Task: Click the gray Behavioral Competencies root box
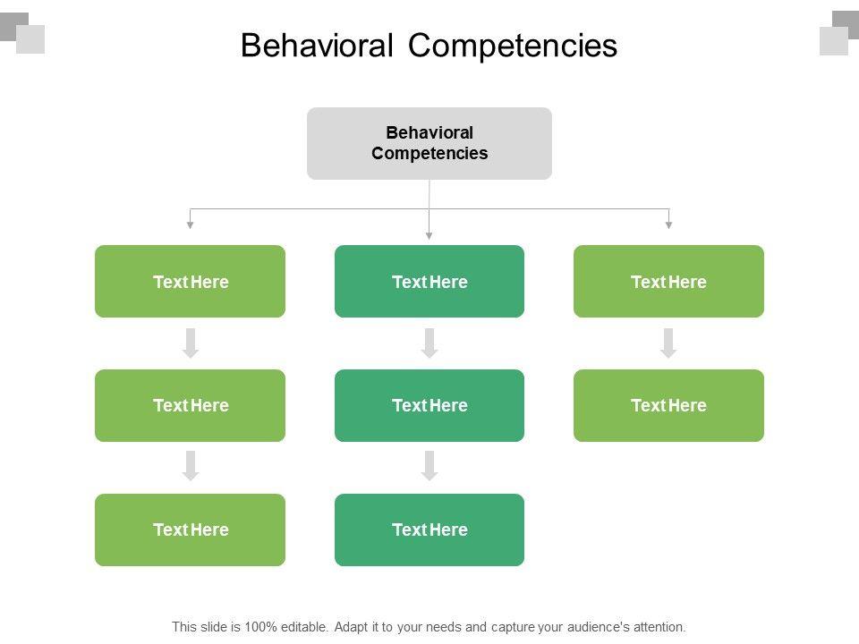(x=429, y=143)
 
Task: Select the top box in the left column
(x=190, y=282)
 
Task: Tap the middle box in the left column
(x=190, y=405)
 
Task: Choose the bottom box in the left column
(x=190, y=530)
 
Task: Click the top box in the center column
(x=429, y=282)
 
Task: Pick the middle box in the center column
(x=429, y=405)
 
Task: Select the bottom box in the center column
(x=429, y=530)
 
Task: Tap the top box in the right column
(x=668, y=282)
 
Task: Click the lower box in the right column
(x=668, y=405)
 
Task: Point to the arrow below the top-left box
(x=191, y=343)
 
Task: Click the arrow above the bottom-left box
(x=191, y=466)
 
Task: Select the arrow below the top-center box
(x=429, y=343)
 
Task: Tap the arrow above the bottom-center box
(x=429, y=466)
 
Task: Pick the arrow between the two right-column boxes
(x=668, y=343)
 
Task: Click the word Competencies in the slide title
(x=514, y=46)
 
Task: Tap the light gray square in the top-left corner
(x=30, y=39)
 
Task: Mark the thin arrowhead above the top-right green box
(x=668, y=225)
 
